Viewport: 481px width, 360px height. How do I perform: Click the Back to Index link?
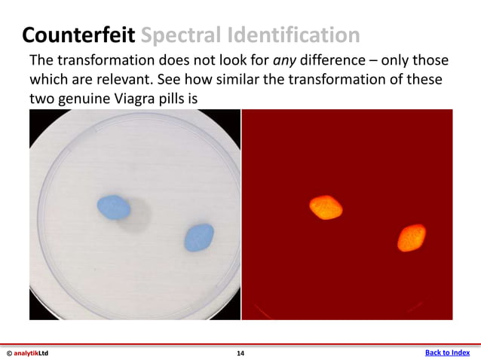(x=447, y=352)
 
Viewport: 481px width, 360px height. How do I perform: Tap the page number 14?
(x=240, y=352)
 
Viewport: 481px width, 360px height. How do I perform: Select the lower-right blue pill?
(x=199, y=237)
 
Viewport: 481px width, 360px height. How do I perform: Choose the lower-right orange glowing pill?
(x=412, y=237)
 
